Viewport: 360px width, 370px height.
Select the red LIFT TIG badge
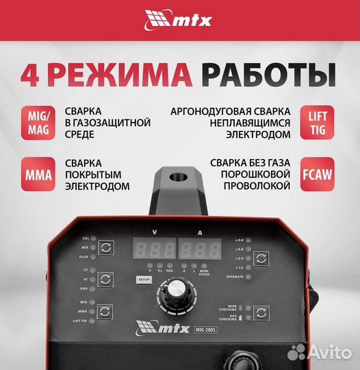pyautogui.click(x=318, y=123)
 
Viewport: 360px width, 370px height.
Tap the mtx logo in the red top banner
pyautogui.click(x=179, y=20)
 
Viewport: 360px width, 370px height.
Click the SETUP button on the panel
pyautogui.click(x=143, y=280)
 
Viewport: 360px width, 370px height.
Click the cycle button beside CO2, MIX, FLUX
pyautogui.click(x=104, y=248)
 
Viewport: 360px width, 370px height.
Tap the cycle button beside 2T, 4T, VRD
pyautogui.click(x=104, y=280)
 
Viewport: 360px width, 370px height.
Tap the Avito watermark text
pyautogui.click(x=328, y=353)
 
